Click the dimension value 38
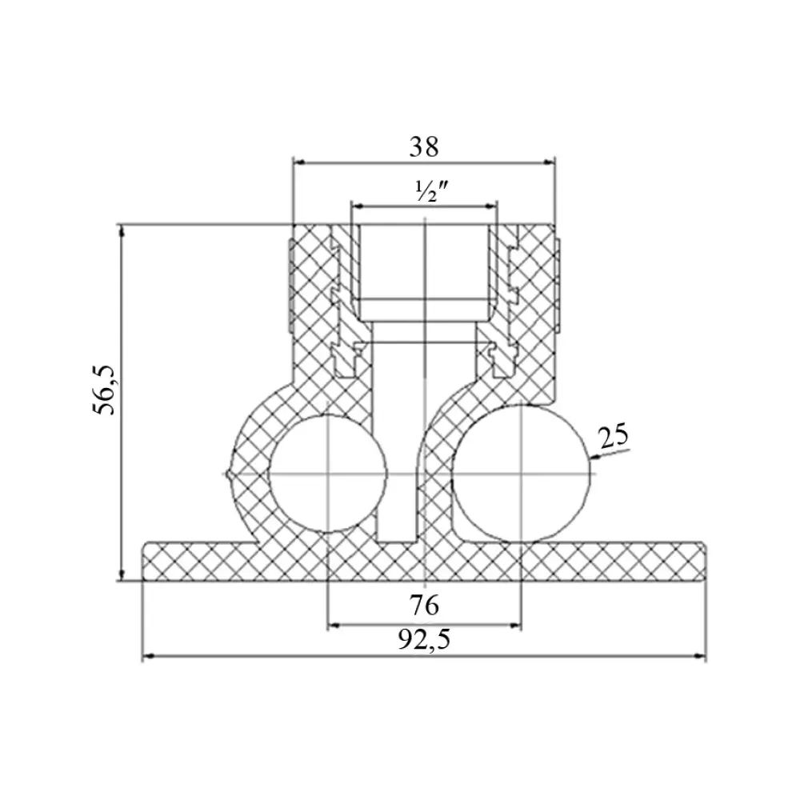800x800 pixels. (423, 147)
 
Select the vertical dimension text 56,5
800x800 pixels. (106, 390)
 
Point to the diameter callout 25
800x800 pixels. (614, 437)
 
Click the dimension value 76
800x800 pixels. (423, 606)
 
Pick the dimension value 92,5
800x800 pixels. (424, 640)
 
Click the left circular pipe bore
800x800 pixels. (327, 474)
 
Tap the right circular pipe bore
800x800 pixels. (521, 474)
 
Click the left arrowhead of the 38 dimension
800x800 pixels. (299, 162)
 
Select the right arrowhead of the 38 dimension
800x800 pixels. (550, 162)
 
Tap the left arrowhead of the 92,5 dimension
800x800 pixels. (149, 657)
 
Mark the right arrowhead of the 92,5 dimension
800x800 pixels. (700, 657)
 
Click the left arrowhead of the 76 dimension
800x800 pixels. (334, 625)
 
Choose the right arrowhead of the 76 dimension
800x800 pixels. (515, 625)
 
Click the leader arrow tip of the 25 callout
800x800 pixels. (591, 458)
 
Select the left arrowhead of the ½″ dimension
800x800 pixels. (357, 206)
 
